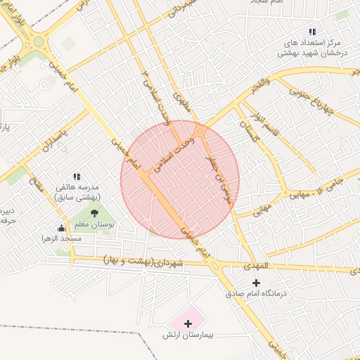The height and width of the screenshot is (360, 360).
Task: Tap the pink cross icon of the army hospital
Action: (x=187, y=323)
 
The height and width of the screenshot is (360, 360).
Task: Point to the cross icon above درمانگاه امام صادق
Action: (x=255, y=282)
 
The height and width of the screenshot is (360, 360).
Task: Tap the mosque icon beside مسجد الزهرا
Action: (x=61, y=228)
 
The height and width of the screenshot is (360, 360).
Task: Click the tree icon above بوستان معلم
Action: (x=94, y=212)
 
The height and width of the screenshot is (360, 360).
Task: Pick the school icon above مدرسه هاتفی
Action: (x=77, y=176)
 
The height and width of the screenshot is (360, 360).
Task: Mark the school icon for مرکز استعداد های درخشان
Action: (x=311, y=32)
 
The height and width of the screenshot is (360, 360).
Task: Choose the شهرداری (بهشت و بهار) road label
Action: (x=141, y=261)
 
